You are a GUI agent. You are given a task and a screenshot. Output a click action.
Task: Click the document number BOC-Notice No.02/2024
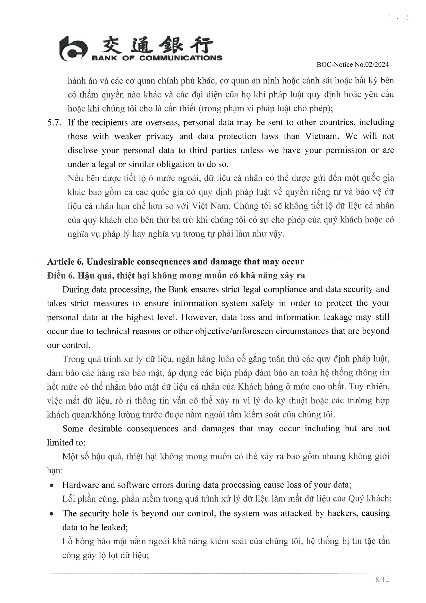[x=353, y=65]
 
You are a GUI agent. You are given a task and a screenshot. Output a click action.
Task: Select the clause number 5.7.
[x=54, y=123]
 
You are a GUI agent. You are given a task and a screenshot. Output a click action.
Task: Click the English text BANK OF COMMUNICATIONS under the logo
[x=157, y=58]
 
